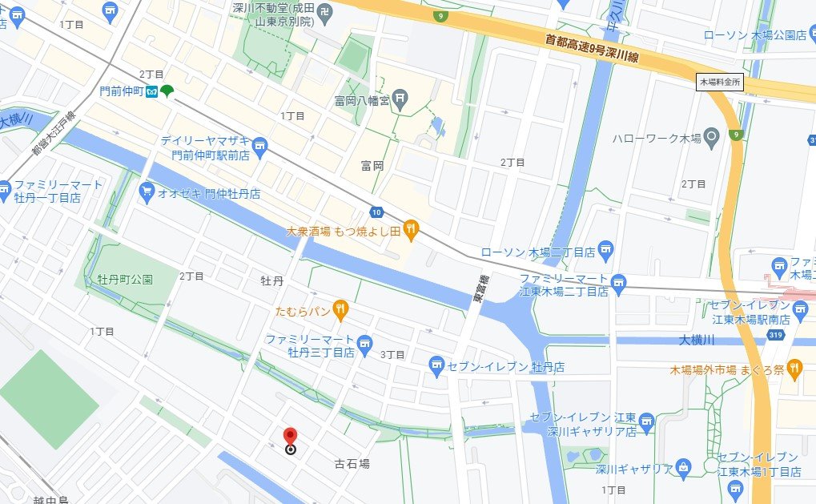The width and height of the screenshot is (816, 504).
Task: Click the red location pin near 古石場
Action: click(290, 437)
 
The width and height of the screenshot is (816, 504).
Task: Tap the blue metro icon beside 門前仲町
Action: click(151, 92)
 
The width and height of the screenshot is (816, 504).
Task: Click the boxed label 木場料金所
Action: click(721, 82)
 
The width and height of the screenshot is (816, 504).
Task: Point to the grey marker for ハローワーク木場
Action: click(713, 138)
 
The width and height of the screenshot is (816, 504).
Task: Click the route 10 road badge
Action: click(376, 212)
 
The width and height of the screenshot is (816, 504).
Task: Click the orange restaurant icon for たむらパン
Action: click(341, 308)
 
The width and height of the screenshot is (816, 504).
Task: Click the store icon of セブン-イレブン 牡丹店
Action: click(436, 367)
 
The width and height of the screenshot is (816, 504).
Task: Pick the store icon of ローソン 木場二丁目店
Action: click(606, 252)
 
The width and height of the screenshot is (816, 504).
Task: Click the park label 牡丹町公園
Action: click(125, 280)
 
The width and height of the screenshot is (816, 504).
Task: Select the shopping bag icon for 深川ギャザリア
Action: click(683, 466)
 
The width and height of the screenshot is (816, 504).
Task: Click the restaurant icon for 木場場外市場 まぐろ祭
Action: click(794, 369)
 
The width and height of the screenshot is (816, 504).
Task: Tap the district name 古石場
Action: click(352, 464)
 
